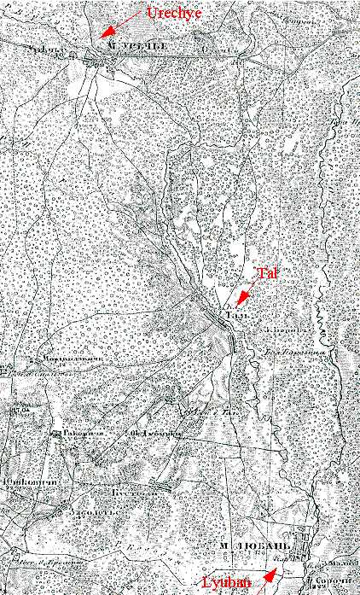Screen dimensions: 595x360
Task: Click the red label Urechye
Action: [x=174, y=13]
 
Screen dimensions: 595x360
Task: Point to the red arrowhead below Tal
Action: [x=243, y=296]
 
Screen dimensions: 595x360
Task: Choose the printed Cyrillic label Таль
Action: [x=238, y=316]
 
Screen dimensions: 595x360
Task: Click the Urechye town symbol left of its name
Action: [x=91, y=55]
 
